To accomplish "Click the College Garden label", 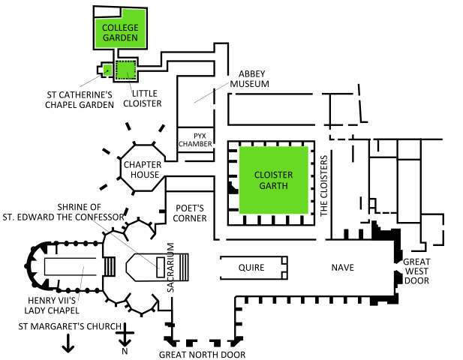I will (120, 33).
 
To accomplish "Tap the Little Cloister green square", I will (125, 70).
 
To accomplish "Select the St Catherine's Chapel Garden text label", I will (80, 100).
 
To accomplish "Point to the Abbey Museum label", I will (254, 79).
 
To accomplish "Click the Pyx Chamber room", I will (195, 139).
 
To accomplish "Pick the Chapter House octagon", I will (142, 170).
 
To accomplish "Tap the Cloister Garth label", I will (273, 180).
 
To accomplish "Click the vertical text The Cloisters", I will (325, 186).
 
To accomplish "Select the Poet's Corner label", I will (190, 214).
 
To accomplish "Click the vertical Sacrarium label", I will (170, 267).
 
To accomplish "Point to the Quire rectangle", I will (252, 267).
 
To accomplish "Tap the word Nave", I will (343, 267).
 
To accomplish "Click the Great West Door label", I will (416, 271).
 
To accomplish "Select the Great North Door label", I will (203, 355).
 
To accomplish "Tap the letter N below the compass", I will (125, 352).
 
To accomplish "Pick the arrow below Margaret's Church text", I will (68, 343).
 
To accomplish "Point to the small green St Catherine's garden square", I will (107, 70).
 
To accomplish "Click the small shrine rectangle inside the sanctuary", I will (159, 266).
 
